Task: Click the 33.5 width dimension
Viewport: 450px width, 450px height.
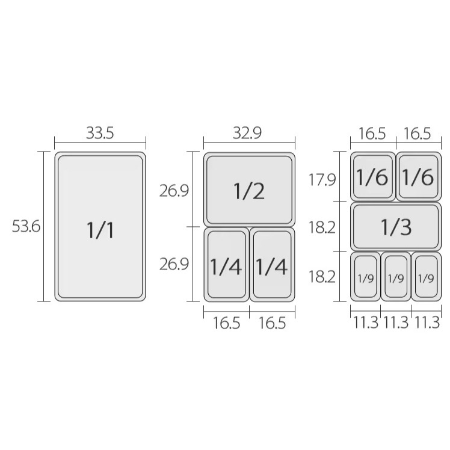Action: click(x=100, y=133)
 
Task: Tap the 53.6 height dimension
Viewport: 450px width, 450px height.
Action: click(x=26, y=227)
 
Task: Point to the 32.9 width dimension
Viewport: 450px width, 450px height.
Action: click(x=249, y=133)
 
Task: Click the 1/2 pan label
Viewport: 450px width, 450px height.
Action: click(x=249, y=191)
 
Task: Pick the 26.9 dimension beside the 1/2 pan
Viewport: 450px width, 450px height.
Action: click(x=174, y=191)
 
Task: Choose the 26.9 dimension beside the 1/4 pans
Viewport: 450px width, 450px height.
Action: click(x=174, y=264)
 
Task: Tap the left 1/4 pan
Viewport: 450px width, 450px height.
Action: click(x=226, y=265)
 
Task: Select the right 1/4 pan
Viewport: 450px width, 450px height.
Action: click(x=273, y=265)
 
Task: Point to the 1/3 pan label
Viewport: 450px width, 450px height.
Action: click(x=396, y=227)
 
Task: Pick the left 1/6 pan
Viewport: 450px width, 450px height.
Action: click(x=373, y=177)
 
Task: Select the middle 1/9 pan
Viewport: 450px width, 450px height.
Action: click(x=396, y=278)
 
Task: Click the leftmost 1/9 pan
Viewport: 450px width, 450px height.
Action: click(x=366, y=278)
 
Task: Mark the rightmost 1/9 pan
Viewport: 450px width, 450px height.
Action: click(x=426, y=278)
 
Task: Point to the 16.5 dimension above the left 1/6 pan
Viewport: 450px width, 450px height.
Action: click(x=372, y=133)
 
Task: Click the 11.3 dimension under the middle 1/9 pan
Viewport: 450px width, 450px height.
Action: click(x=396, y=322)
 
